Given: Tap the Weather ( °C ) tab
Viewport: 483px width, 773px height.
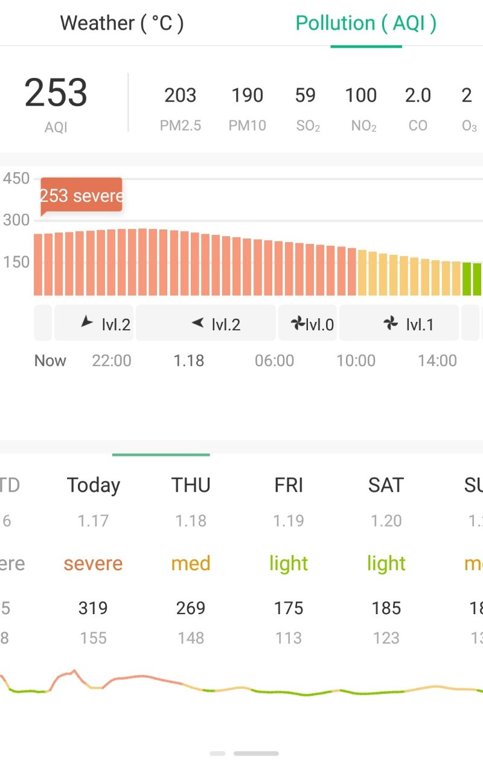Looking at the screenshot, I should coord(122,24).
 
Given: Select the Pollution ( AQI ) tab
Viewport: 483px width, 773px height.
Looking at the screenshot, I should coord(366,24).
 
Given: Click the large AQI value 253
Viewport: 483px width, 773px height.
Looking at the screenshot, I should coord(56,94).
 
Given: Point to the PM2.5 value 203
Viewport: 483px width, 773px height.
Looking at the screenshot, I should coord(180,95).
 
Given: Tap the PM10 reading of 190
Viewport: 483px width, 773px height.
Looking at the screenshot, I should coord(247,95).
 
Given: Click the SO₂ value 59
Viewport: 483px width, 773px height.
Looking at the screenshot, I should coord(305,95).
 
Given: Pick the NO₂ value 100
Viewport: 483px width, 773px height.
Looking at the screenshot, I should coord(361,95).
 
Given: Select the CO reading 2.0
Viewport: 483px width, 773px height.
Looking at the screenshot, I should coord(418,95).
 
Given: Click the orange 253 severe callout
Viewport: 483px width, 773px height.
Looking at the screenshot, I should coord(82,196).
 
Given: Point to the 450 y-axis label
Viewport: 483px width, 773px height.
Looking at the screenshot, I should coord(16,179).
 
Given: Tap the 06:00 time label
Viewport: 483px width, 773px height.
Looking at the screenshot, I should coord(274,361).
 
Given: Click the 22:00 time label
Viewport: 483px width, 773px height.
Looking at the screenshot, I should coord(112,361).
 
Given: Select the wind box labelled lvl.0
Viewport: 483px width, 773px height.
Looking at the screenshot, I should coord(308,324).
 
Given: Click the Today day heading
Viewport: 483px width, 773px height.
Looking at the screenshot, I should coord(94,485).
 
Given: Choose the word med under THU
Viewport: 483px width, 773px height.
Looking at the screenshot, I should coord(191,563).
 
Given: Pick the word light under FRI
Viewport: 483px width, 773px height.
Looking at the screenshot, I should coord(289,563).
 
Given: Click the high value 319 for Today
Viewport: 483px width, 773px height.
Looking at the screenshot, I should coord(93,608).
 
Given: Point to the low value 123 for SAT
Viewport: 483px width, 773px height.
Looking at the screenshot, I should coord(386,638).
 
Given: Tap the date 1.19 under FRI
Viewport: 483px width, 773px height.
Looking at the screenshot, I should coord(289,521).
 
